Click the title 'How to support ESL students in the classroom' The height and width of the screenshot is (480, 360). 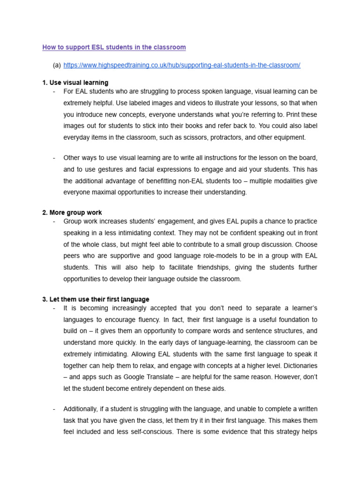pos(114,47)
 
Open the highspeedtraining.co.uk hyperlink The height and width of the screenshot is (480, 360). pos(182,65)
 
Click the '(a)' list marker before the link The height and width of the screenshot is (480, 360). pos(57,65)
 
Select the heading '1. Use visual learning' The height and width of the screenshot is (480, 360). pos(75,83)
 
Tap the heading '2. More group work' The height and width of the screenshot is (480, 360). pos(72,212)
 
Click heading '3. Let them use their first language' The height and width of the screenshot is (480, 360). pos(96,299)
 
